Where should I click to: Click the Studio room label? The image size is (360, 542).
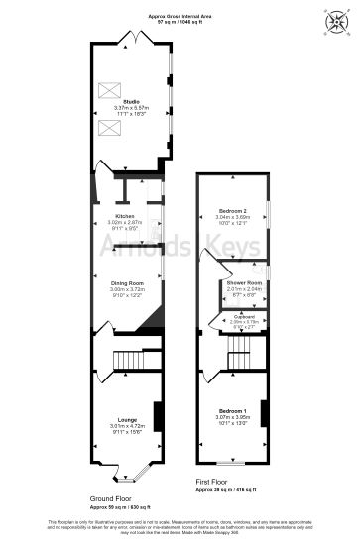coord(131,101)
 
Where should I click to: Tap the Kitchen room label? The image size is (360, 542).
coord(124,216)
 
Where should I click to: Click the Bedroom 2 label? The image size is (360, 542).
coord(231,212)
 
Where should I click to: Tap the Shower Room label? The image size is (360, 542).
coord(242,283)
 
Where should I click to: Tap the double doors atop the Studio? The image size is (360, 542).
coord(131,38)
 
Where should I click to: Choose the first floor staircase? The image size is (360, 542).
coord(238,359)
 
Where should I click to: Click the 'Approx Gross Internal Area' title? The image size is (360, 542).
coord(180,17)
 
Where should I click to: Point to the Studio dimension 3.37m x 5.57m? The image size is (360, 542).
coord(131,107)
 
